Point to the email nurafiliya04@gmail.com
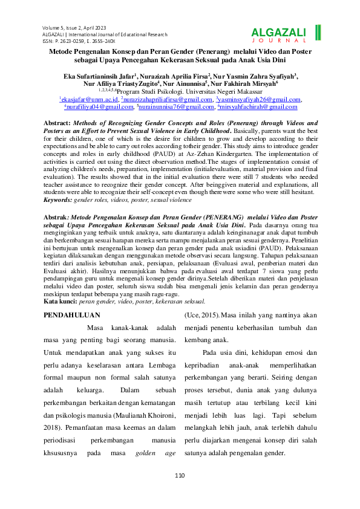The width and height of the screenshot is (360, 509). [x=99, y=106]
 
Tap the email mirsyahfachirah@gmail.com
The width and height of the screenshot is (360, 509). [x=258, y=106]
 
